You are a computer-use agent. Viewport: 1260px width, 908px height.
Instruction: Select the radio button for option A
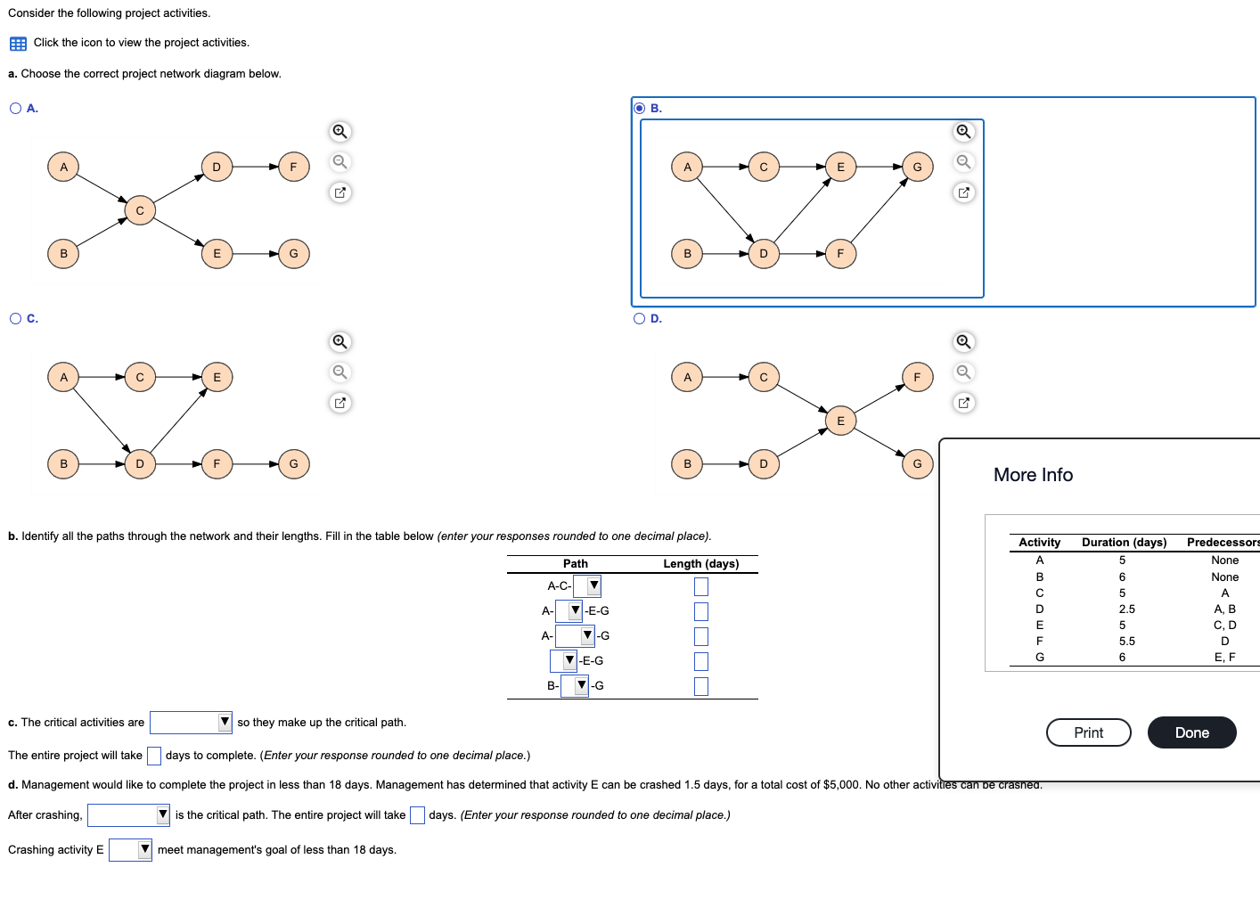click(x=16, y=109)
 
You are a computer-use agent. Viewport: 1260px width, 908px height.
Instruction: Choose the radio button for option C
click(x=16, y=319)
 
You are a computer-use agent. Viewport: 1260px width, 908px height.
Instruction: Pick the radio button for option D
click(x=639, y=319)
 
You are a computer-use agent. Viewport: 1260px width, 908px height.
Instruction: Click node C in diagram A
click(x=140, y=210)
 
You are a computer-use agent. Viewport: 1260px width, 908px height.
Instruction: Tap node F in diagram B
click(x=839, y=254)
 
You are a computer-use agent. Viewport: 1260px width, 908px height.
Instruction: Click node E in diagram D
click(x=839, y=421)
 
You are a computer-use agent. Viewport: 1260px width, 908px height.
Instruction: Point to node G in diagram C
click(x=293, y=464)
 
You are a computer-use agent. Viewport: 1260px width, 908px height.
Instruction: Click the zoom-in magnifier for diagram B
click(x=963, y=132)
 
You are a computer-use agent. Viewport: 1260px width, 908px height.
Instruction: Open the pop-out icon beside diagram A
click(x=340, y=192)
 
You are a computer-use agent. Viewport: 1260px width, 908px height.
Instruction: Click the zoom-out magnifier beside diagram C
click(x=340, y=372)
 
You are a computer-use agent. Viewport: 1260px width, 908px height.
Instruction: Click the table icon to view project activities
click(x=18, y=44)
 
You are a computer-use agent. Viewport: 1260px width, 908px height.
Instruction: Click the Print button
click(x=1088, y=732)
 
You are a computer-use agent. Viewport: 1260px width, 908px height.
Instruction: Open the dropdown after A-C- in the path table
click(x=587, y=586)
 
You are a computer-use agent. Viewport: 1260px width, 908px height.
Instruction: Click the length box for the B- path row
click(x=701, y=686)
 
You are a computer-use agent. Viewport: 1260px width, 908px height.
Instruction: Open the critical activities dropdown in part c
click(x=191, y=723)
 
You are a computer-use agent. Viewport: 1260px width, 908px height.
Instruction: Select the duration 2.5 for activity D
click(x=1126, y=609)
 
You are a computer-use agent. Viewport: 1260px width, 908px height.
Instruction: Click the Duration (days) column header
click(x=1124, y=543)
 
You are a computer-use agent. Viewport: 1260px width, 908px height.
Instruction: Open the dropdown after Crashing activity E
click(x=130, y=850)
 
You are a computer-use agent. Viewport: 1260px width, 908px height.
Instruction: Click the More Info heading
click(x=1033, y=475)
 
